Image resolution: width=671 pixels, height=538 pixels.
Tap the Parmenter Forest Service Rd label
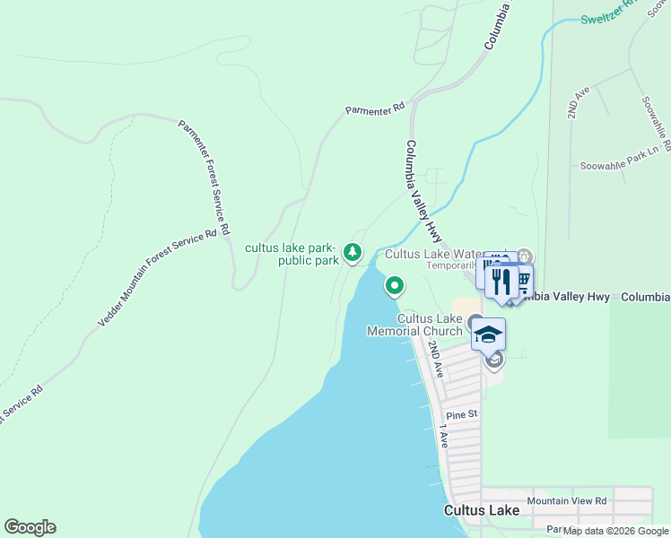pyautogui.click(x=204, y=174)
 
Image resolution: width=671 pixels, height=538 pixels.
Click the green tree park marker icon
pyautogui.click(x=353, y=253)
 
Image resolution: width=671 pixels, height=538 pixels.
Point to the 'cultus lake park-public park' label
pyautogui.click(x=291, y=254)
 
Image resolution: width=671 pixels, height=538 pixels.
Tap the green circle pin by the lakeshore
pyautogui.click(x=394, y=287)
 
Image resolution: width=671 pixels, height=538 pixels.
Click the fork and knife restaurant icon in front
pyautogui.click(x=501, y=282)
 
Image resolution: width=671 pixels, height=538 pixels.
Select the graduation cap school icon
pyautogui.click(x=488, y=334)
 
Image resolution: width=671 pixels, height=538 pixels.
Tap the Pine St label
pyautogui.click(x=462, y=415)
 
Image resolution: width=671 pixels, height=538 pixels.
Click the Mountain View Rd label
pyautogui.click(x=567, y=501)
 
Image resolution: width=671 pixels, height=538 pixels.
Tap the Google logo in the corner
pyautogui.click(x=30, y=527)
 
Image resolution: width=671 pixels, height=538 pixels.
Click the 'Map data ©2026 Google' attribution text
pyautogui.click(x=616, y=531)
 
